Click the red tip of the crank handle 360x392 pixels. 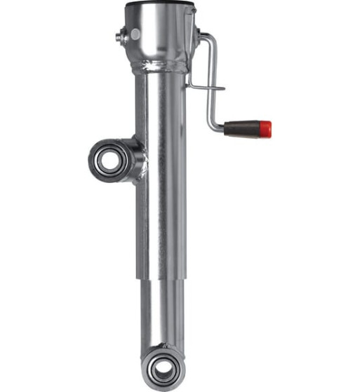point(265,129)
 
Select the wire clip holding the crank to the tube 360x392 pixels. point(206,88)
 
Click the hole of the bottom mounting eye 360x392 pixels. point(162,367)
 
